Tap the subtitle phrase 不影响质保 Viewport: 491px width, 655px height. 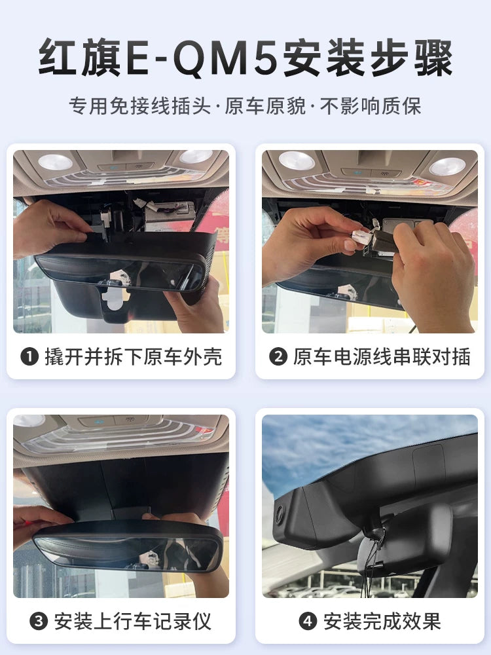371,107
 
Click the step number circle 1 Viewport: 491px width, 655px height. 29,358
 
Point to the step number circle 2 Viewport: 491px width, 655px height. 278,358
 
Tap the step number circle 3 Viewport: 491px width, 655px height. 39,621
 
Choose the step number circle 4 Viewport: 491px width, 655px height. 307,621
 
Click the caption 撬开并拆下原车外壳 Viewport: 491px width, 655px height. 133,357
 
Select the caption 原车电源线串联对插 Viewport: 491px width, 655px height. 382,357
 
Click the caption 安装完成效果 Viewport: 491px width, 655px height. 382,621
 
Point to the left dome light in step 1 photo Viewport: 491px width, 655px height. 54,162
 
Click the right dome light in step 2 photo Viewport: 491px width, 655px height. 448,166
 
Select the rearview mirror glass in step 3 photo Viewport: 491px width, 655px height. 128,549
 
